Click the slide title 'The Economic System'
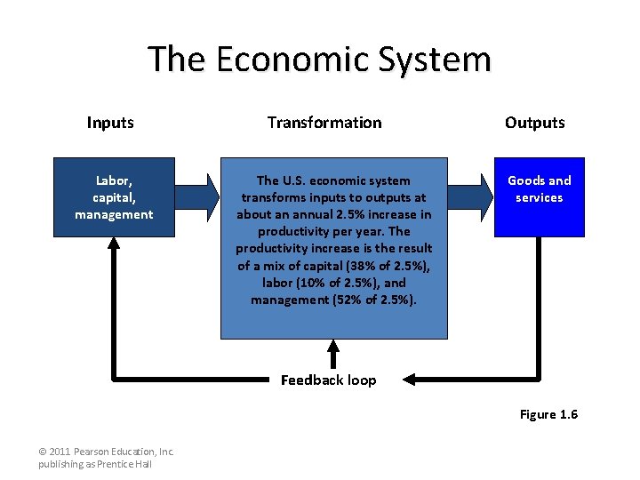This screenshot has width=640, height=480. point(319,60)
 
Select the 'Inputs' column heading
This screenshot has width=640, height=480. point(110,123)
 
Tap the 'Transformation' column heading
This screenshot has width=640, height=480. point(324,123)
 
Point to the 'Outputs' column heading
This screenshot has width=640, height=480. point(535,123)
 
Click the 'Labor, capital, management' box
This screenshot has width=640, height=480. point(114,197)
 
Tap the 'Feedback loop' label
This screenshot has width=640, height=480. point(328,380)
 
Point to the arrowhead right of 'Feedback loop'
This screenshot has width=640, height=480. point(408,380)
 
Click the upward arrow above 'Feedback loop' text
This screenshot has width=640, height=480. point(334,353)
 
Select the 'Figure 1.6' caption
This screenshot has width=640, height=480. point(548,414)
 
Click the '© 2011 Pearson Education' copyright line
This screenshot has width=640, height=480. point(107,452)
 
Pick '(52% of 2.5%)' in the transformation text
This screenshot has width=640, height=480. point(371,300)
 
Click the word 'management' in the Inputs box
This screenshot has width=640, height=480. point(114,214)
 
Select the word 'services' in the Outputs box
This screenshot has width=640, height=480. point(540,197)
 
